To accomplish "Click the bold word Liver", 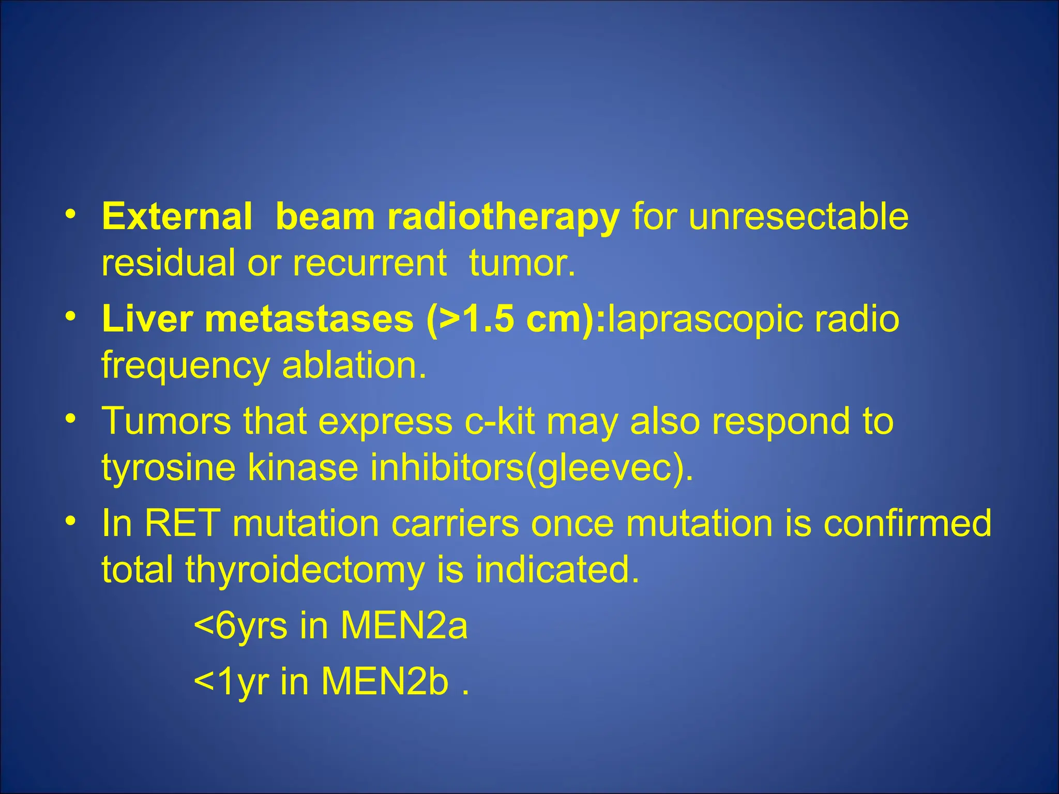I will (147, 318).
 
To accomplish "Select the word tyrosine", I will (168, 468).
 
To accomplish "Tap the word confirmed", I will (907, 523).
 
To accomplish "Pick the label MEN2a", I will (404, 625).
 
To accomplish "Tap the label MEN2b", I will (385, 681).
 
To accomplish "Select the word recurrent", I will (369, 263).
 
